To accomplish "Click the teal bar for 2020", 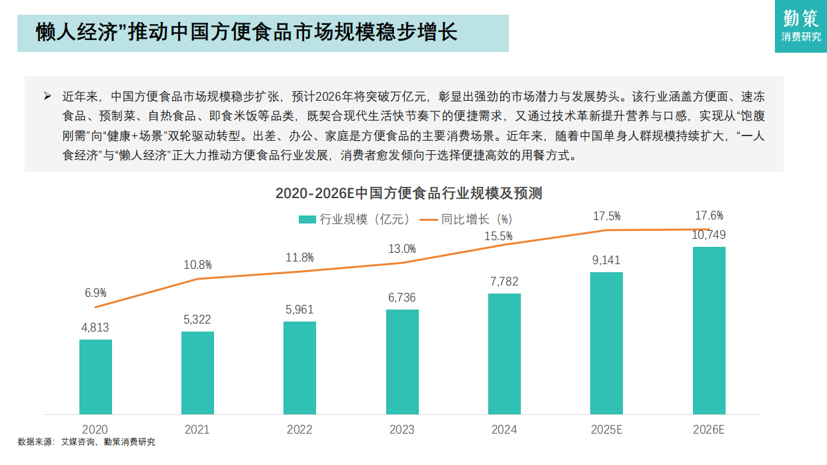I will click(x=95, y=377).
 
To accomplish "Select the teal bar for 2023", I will click(x=402, y=362).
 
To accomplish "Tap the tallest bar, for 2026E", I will click(x=709, y=330).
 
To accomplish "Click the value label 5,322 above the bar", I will click(x=197, y=320).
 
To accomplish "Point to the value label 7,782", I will click(x=504, y=282).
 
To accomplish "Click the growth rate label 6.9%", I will click(x=95, y=292).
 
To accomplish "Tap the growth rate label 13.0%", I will click(x=402, y=249).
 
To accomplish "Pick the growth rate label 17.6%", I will click(x=709, y=215).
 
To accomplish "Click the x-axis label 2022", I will click(x=299, y=430).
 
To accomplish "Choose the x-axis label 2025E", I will click(x=606, y=430).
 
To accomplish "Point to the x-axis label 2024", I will click(x=504, y=430).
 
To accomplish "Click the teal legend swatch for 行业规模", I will click(x=307, y=219).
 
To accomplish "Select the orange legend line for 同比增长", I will click(x=428, y=219).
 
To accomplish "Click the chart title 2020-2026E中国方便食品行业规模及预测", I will click(x=409, y=193).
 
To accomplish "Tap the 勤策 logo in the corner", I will click(x=801, y=25).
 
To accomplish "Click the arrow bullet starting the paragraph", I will click(x=47, y=96).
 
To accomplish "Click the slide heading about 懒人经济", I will click(x=247, y=33).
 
